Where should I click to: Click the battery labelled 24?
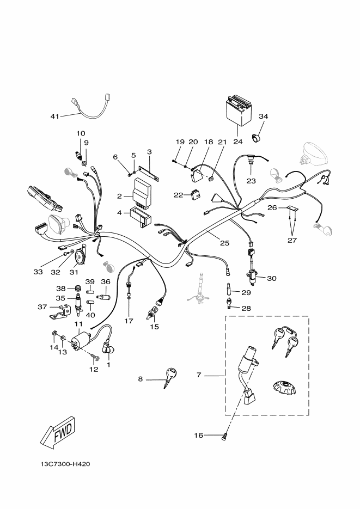[x=238, y=112]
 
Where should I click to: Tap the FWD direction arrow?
[x=58, y=432]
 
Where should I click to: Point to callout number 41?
[x=54, y=115]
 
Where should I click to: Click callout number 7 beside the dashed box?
[x=199, y=375]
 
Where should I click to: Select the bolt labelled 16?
[x=224, y=436]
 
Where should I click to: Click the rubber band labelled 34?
[x=255, y=137]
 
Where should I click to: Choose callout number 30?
[x=271, y=279]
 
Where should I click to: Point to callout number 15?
[x=155, y=327]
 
